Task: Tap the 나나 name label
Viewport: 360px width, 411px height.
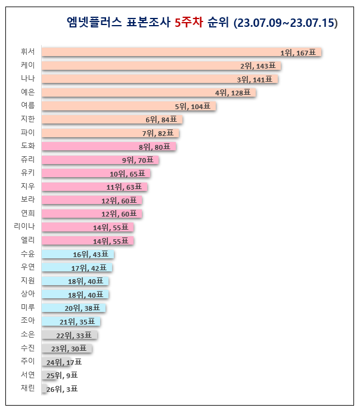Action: pyautogui.click(x=28, y=79)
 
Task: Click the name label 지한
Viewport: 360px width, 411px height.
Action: pyautogui.click(x=28, y=119)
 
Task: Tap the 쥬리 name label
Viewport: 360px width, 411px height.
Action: pyautogui.click(x=28, y=160)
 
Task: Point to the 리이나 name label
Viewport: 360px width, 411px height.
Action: pyautogui.click(x=24, y=227)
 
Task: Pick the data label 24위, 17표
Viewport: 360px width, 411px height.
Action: pyautogui.click(x=63, y=362)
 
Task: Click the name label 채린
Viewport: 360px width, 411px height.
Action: pyautogui.click(x=28, y=389)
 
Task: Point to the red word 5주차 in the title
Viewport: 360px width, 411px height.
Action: pyautogui.click(x=189, y=23)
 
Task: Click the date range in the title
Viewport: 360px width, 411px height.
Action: pyautogui.click(x=286, y=23)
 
